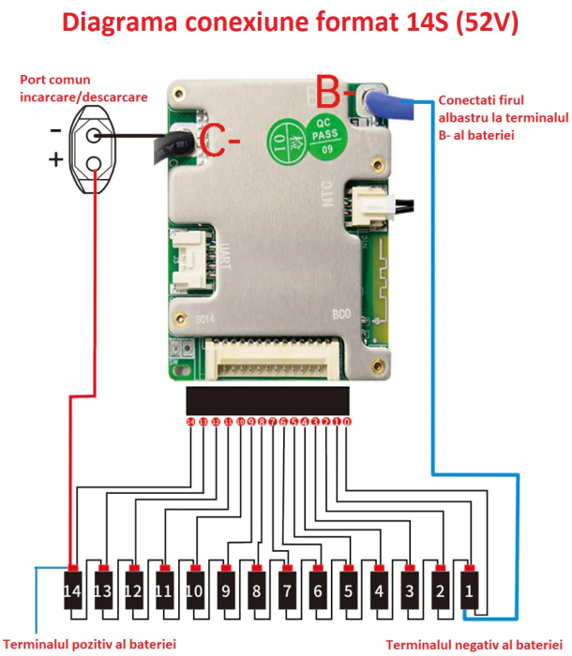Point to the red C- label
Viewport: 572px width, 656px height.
[221, 143]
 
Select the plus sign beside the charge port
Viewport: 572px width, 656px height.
[56, 160]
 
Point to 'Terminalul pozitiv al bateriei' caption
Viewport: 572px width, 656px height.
[90, 645]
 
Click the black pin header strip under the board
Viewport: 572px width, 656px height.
[269, 401]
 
